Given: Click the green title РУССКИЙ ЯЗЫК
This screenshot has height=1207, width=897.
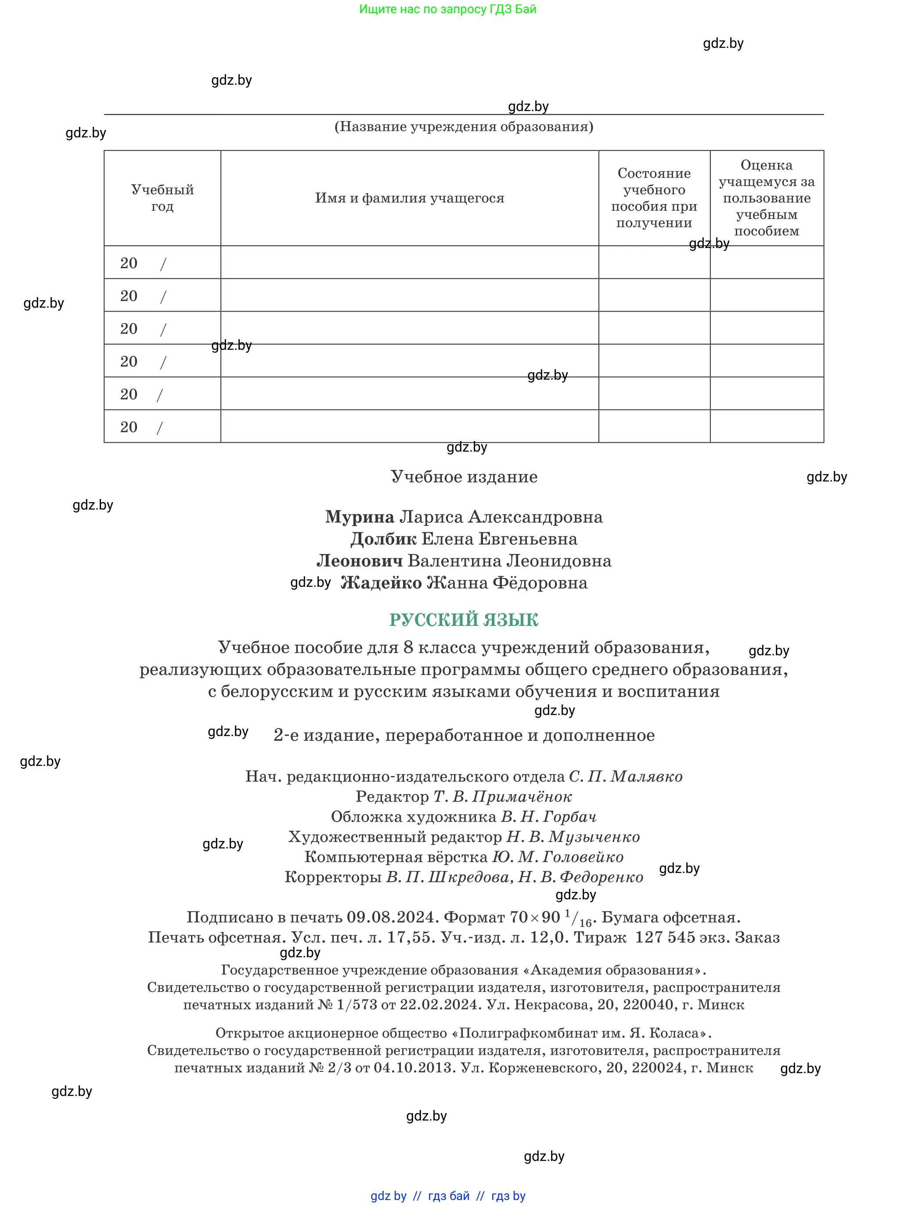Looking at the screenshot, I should (x=463, y=620).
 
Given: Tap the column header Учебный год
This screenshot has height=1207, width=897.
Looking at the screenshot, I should (x=162, y=198).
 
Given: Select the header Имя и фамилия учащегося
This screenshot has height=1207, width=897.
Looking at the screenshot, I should (x=409, y=198).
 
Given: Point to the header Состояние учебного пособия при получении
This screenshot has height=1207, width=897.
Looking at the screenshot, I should (x=654, y=198).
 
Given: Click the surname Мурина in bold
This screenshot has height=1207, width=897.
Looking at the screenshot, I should (x=360, y=517).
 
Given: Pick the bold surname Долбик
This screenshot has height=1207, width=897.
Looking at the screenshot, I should (x=383, y=539).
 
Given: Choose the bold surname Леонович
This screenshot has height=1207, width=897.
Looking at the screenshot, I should (x=360, y=560).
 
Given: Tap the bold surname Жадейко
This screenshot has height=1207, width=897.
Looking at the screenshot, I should (x=381, y=583).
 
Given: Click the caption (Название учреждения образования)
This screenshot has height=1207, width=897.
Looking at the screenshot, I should (x=463, y=127).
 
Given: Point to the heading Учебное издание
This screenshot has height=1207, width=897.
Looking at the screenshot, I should (x=464, y=477).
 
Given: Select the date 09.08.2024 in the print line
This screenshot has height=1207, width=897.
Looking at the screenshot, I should (x=392, y=917).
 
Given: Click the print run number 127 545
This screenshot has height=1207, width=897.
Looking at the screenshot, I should (x=665, y=937).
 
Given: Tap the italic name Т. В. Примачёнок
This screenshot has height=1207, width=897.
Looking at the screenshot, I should (x=502, y=797).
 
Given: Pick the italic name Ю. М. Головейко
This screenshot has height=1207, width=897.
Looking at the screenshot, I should (x=558, y=857).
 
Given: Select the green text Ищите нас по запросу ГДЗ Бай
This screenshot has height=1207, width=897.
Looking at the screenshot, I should (x=447, y=9).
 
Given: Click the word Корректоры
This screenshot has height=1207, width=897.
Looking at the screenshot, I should (x=333, y=877).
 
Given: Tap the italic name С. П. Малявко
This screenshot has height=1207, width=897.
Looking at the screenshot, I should (x=626, y=776).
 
